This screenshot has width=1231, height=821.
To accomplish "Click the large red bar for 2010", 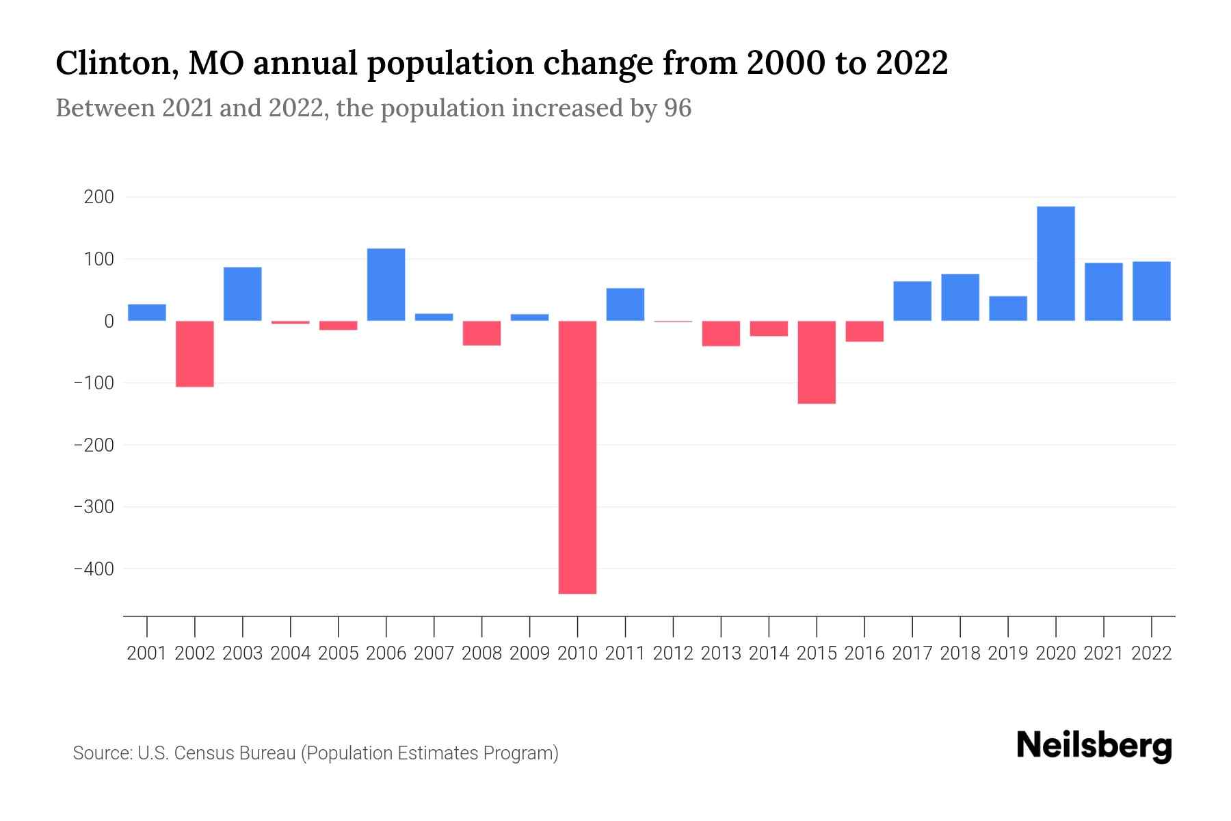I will click(577, 457).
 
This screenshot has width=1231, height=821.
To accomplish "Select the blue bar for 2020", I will click(1055, 263).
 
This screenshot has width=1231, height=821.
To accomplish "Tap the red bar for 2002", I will click(195, 354).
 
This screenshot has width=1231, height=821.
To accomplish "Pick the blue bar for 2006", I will click(386, 285).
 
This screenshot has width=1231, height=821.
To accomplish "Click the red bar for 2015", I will click(816, 362).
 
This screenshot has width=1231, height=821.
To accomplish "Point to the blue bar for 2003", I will click(243, 294).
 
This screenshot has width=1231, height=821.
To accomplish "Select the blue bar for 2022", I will click(1151, 291).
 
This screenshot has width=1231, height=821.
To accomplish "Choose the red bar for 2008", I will click(481, 333).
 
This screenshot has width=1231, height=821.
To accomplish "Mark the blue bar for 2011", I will click(625, 304).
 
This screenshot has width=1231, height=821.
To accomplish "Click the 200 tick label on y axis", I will click(98, 197).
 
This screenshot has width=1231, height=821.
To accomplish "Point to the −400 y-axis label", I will click(94, 569).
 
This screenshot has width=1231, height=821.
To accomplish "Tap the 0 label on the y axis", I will click(109, 321).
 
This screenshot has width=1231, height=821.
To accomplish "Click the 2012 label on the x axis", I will click(673, 653).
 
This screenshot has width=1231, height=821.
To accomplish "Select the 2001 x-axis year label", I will click(147, 653).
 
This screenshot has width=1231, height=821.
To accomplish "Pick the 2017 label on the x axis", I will click(912, 653).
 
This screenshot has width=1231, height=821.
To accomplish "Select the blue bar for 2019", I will click(1007, 309).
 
